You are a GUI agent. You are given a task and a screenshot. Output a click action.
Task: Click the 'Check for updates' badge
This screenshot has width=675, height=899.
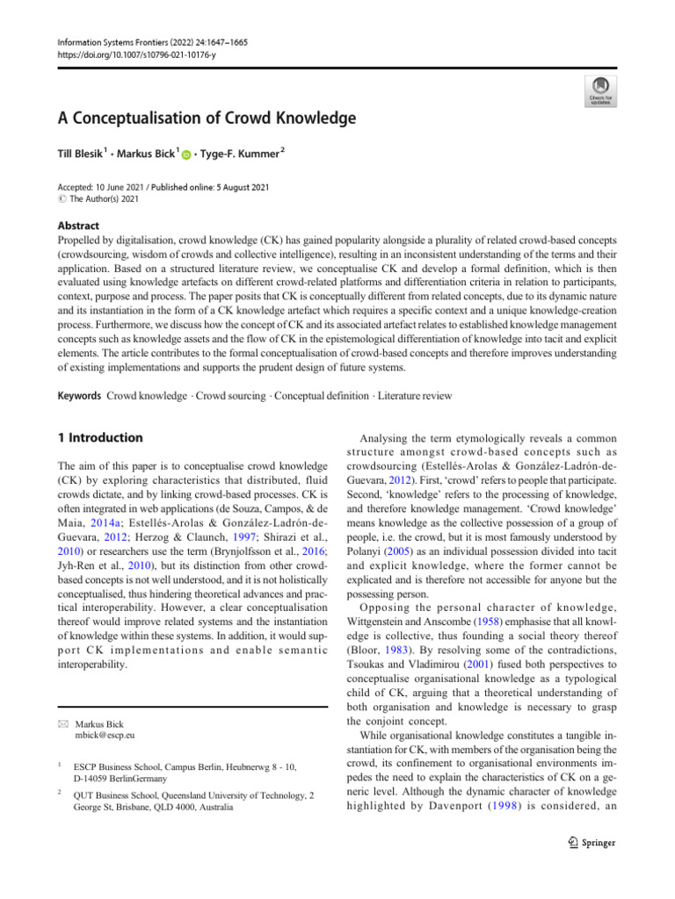pos(601,90)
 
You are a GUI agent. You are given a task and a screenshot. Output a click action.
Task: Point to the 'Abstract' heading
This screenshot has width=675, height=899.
pos(77,226)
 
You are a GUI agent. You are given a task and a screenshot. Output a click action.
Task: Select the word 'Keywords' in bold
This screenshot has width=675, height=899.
pos(79,396)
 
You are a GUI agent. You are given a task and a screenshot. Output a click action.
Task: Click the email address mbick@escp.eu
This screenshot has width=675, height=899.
pos(105,735)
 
